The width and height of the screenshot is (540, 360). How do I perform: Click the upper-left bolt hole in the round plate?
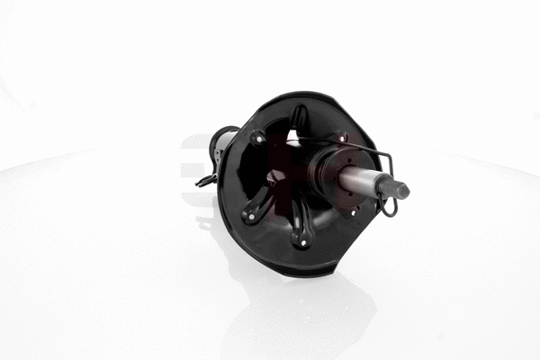click(259, 139)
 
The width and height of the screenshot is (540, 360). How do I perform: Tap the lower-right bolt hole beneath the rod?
click(354, 211)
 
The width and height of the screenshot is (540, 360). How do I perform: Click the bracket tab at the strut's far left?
click(204, 180)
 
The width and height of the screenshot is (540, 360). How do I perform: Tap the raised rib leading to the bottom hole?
click(300, 220)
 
